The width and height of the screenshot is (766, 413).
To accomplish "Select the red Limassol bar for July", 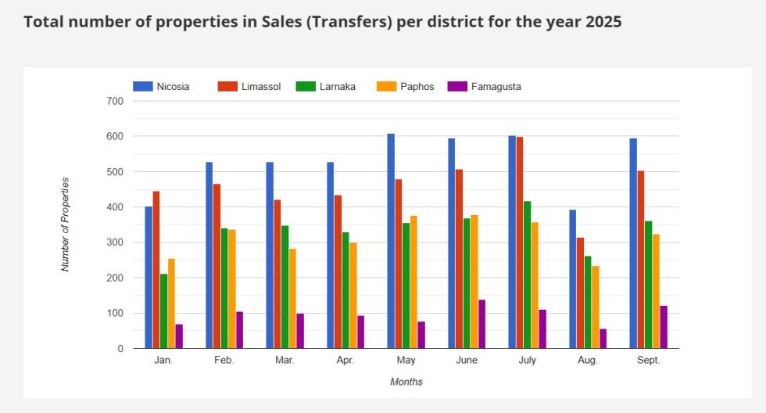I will (x=520, y=242).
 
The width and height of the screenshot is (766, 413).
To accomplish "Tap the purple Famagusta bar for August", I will (x=603, y=339).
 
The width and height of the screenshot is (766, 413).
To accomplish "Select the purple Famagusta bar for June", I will (x=481, y=324).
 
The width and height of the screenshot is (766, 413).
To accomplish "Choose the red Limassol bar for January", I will (x=156, y=270).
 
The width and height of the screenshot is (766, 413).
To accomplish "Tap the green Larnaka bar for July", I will (x=528, y=275).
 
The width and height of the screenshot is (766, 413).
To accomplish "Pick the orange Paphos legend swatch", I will (x=386, y=87).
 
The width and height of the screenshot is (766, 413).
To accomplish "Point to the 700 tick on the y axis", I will (x=115, y=102).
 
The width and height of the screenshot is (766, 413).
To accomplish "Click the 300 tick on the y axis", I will (x=115, y=242).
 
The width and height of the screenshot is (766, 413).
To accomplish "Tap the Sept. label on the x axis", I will (x=648, y=361).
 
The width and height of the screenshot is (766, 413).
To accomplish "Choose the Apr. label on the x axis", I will (x=345, y=361).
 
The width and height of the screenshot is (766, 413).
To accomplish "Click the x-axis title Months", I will (x=406, y=382).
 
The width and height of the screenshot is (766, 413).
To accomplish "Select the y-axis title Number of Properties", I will (x=66, y=224).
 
